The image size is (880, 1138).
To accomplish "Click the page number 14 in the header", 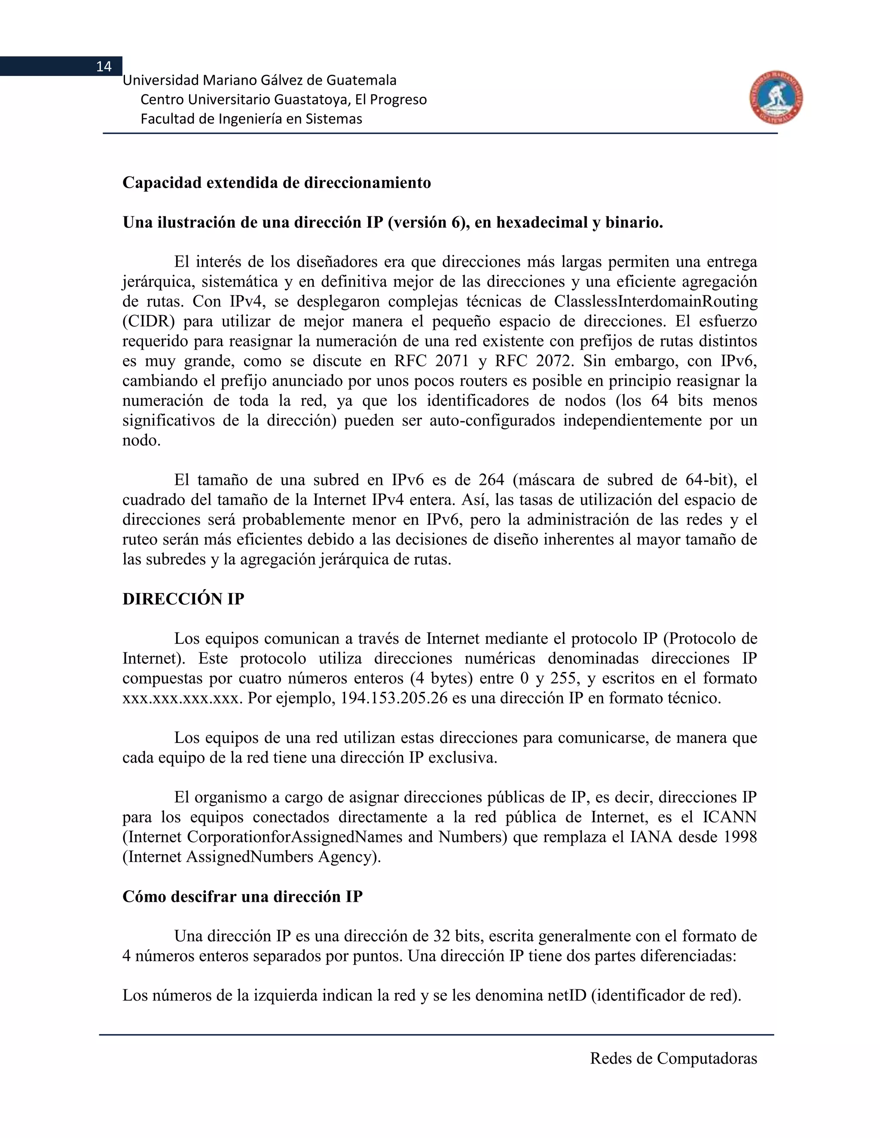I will (x=104, y=66).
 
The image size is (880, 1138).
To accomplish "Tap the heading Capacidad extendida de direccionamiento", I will (x=276, y=183).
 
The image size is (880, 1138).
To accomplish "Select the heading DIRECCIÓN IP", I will (x=183, y=599).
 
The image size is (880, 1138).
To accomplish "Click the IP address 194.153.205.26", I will (x=394, y=698).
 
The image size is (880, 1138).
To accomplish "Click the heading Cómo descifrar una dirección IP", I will (x=242, y=897).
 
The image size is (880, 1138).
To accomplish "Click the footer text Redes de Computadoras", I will (x=673, y=1058).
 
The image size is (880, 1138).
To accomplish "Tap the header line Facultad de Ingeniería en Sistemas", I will (x=251, y=119).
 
